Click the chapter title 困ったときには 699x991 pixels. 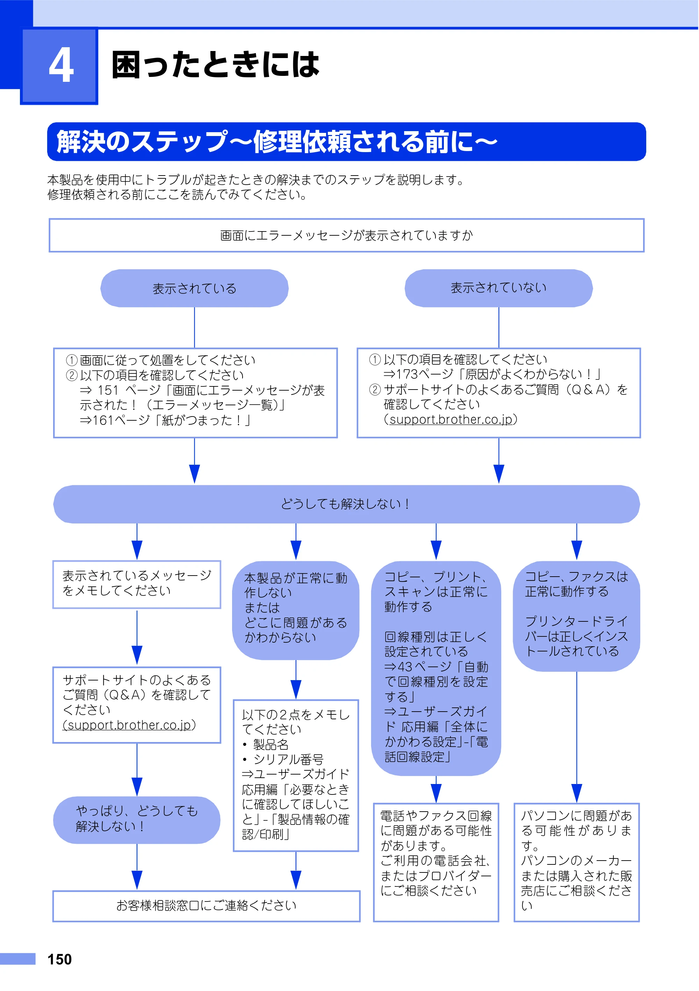[x=215, y=64]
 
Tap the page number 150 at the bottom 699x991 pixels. [x=59, y=959]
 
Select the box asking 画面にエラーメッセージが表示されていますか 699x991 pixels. [x=346, y=235]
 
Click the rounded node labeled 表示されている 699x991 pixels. [x=194, y=288]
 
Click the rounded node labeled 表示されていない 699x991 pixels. [x=498, y=288]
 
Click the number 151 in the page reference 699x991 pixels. [x=108, y=390]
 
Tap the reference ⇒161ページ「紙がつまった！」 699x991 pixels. [x=165, y=420]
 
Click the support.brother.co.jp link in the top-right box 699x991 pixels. [x=451, y=420]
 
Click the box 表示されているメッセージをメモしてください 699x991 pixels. [x=137, y=584]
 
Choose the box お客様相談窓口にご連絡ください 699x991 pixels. [x=206, y=906]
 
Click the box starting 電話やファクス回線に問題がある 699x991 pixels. [x=436, y=862]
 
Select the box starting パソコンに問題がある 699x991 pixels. [x=576, y=862]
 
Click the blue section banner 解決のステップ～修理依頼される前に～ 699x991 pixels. [x=346, y=142]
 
